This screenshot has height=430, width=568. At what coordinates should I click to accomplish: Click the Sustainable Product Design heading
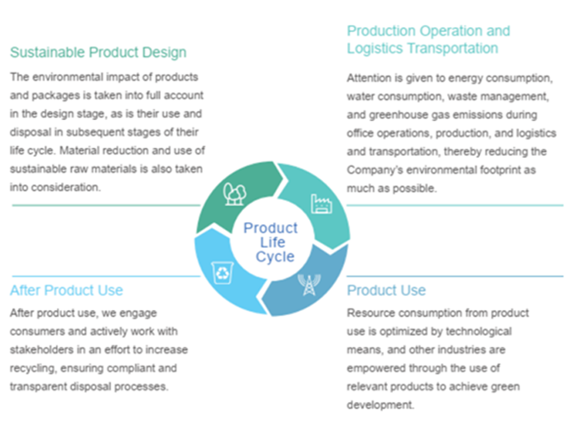(x=98, y=52)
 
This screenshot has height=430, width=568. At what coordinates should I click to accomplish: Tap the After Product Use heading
(x=66, y=290)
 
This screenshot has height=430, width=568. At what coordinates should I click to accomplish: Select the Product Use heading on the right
(x=386, y=290)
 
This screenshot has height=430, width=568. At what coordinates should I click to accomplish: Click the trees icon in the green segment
(x=234, y=194)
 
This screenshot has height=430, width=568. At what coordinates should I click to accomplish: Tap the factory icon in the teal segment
(x=321, y=204)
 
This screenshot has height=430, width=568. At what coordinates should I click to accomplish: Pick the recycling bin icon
(x=222, y=273)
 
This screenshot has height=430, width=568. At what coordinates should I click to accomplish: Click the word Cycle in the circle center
(x=275, y=257)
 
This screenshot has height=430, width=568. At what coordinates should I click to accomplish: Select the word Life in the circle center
(x=272, y=242)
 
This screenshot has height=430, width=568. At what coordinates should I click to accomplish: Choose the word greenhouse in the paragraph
(x=398, y=115)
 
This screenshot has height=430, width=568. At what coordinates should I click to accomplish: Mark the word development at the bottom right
(x=380, y=405)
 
